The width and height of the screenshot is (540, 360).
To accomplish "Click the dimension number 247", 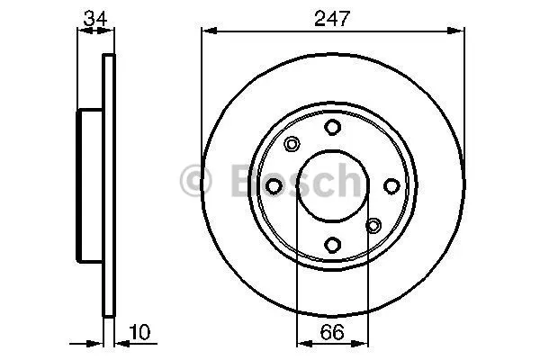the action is pyautogui.click(x=332, y=18).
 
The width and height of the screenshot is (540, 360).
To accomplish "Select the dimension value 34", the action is pyautogui.click(x=95, y=18).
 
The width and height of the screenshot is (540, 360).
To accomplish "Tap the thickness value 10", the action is pyautogui.click(x=139, y=332).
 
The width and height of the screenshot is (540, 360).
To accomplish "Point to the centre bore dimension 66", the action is pyautogui.click(x=332, y=332).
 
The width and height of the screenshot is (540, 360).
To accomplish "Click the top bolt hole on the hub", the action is pyautogui.click(x=333, y=127).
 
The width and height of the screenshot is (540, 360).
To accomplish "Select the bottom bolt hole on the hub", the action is pyautogui.click(x=333, y=245).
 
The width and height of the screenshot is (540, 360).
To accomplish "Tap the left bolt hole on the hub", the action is pyautogui.click(x=274, y=186).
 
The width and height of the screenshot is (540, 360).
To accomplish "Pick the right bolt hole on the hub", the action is pyautogui.click(x=391, y=186).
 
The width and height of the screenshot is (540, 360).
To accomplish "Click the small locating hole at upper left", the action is pyautogui.click(x=292, y=144).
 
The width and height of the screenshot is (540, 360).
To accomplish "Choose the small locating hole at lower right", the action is pyautogui.click(x=373, y=226).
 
